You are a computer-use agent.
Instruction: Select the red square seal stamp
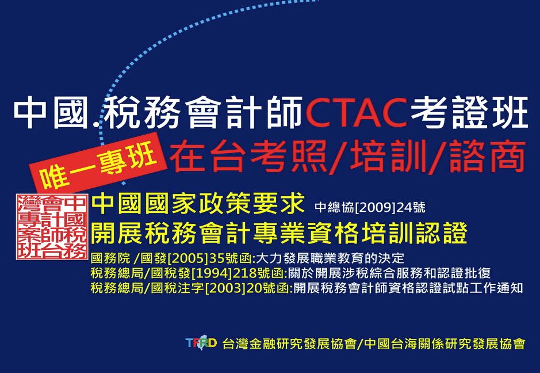click(52, 226)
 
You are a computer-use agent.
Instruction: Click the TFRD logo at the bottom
click(201, 342)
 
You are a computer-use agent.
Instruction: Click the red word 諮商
click(487, 156)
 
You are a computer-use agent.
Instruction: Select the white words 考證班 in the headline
click(469, 113)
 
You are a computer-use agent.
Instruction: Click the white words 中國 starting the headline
click(51, 113)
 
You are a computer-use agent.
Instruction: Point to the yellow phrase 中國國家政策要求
click(198, 204)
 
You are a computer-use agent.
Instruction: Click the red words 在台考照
click(248, 156)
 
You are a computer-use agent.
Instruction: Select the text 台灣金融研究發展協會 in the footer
click(289, 343)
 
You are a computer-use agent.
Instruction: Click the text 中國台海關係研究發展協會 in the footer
click(445, 343)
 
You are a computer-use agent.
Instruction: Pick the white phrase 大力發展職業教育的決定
click(330, 258)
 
